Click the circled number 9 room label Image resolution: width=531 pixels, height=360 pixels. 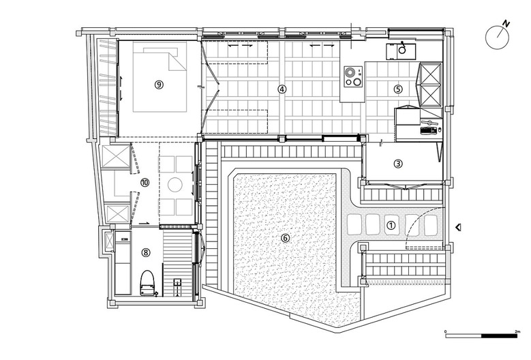[x=159, y=85]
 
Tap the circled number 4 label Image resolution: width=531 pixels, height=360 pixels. [x=282, y=89]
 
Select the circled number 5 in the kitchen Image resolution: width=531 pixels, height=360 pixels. [x=398, y=89]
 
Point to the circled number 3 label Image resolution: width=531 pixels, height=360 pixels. [x=398, y=164]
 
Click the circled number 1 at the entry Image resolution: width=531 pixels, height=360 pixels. [x=391, y=226]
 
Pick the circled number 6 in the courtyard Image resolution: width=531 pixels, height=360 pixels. [x=285, y=239]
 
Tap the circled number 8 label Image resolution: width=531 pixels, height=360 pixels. [x=146, y=252]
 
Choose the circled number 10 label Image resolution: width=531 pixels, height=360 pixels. [x=145, y=183]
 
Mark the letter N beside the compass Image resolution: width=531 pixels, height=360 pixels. [x=506, y=24]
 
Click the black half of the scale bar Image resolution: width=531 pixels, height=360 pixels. [x=499, y=336]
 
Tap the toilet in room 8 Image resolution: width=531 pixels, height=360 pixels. [x=148, y=283]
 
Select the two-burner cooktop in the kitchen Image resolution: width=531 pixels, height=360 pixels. [x=353, y=77]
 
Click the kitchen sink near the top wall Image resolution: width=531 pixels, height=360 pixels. [x=400, y=51]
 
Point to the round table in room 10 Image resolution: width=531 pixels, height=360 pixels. [x=175, y=185]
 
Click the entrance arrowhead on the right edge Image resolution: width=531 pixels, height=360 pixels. [x=458, y=228]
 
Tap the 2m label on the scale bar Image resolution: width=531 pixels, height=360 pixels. [x=517, y=331]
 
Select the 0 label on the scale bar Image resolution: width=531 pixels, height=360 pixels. [x=446, y=331]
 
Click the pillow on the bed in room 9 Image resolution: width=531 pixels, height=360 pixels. [x=161, y=51]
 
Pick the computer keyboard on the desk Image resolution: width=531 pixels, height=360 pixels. [x=427, y=130]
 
